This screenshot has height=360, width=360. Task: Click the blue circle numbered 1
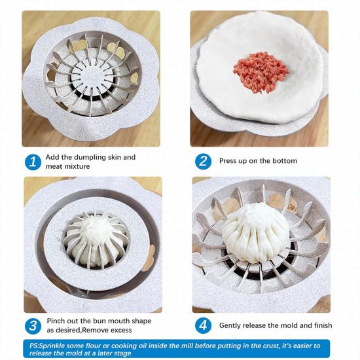[x=33, y=161]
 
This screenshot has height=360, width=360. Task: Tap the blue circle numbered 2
[x=204, y=161]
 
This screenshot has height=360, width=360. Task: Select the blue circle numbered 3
[x=33, y=325]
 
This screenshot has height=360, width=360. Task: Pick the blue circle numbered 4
[x=204, y=325]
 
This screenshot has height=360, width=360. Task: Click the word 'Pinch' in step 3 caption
[x=57, y=321]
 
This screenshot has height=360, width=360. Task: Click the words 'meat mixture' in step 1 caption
[x=68, y=166]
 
